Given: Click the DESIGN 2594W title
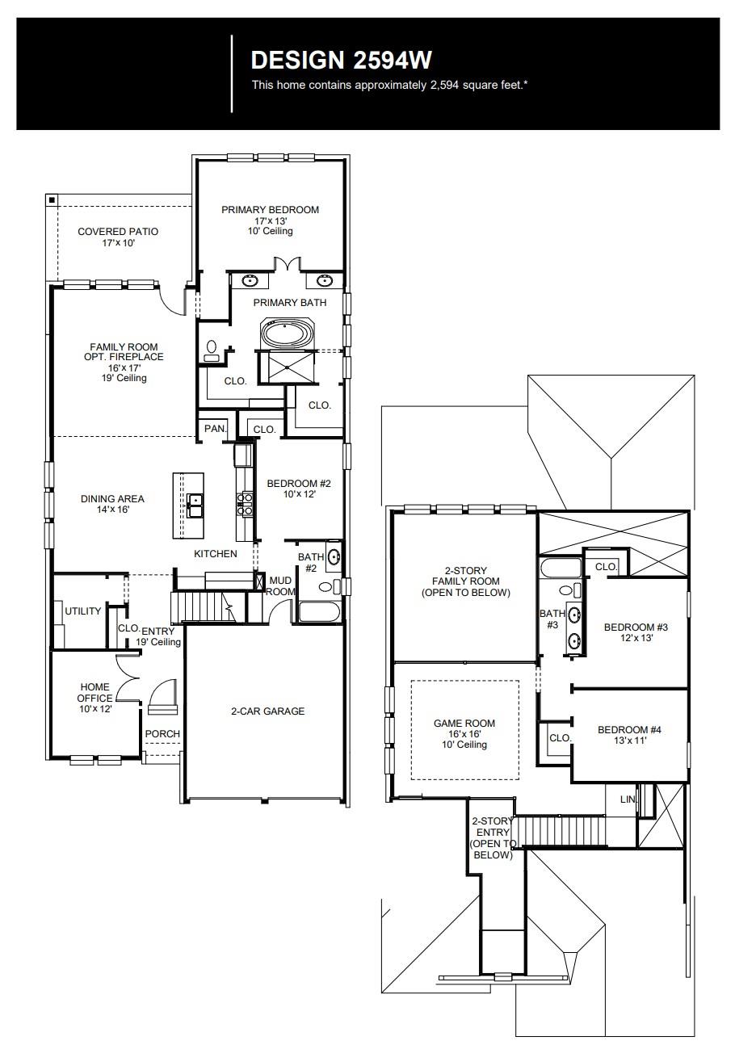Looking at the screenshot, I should pyautogui.click(x=342, y=61).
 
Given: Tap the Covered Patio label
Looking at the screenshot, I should pyautogui.click(x=118, y=237).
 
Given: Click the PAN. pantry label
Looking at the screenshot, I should pyautogui.click(x=215, y=429).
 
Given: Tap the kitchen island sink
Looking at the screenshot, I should pyautogui.click(x=195, y=506).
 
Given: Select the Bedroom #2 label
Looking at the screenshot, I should pyautogui.click(x=299, y=489).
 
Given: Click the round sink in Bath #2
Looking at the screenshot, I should pyautogui.click(x=334, y=556).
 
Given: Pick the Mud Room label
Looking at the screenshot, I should pyautogui.click(x=281, y=585).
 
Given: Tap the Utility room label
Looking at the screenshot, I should pyautogui.click(x=83, y=611).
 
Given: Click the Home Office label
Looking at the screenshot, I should pyautogui.click(x=94, y=698).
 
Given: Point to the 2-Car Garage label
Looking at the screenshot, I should pyautogui.click(x=267, y=711).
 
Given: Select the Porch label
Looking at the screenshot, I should pyautogui.click(x=162, y=734).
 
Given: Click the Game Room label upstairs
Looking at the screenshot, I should pyautogui.click(x=464, y=733).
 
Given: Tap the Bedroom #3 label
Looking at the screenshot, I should pyautogui.click(x=636, y=631).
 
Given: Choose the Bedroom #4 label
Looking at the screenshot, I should pyautogui.click(x=629, y=735).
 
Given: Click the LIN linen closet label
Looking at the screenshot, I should pyautogui.click(x=628, y=799).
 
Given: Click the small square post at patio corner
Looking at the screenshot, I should pyautogui.click(x=52, y=199).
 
